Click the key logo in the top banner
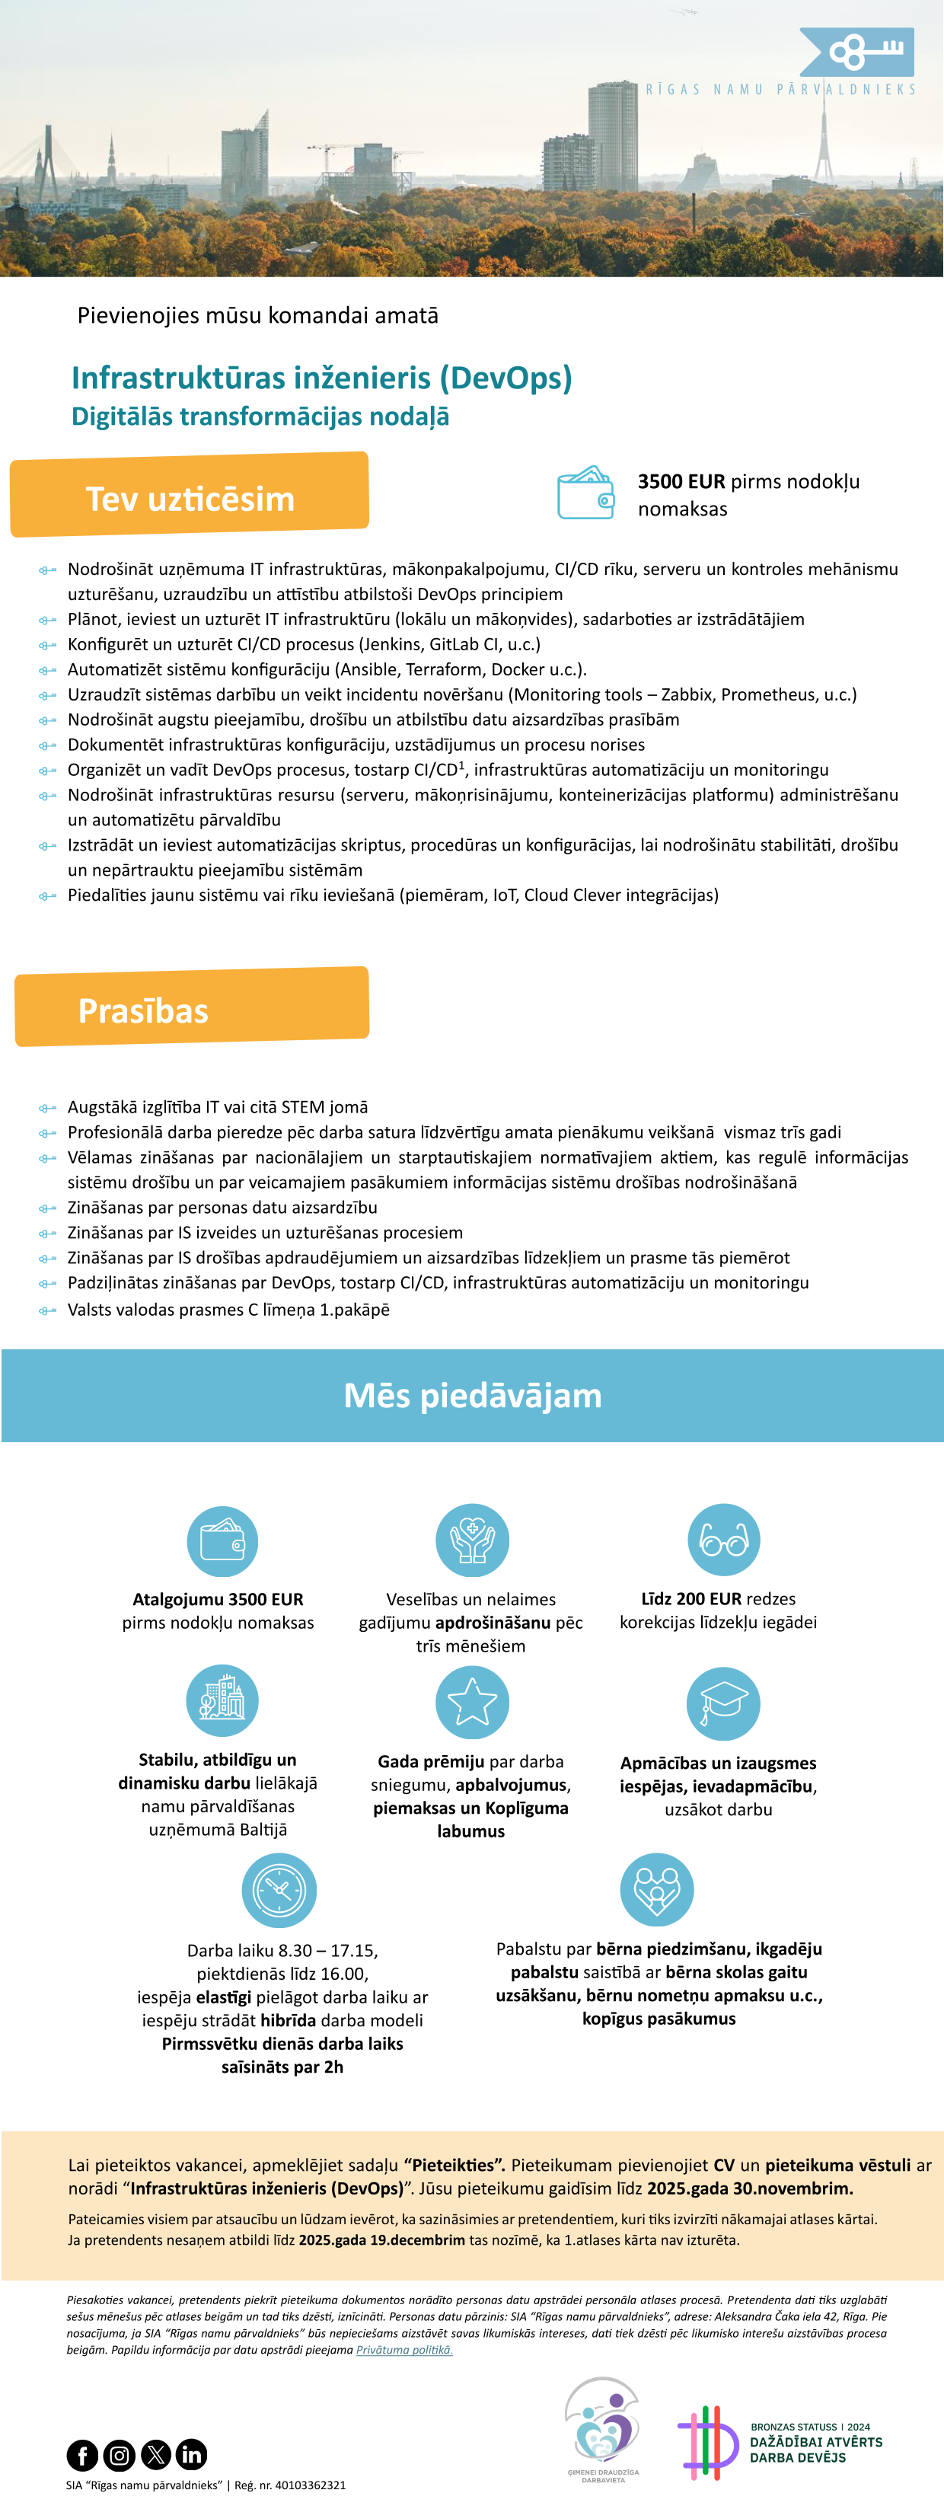click(x=857, y=52)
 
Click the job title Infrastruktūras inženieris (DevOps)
click(x=321, y=378)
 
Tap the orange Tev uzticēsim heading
click(x=190, y=499)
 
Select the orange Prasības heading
click(x=143, y=1011)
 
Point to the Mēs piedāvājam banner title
click(x=473, y=1396)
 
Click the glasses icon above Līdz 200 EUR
click(x=724, y=1540)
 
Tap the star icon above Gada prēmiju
click(x=473, y=1702)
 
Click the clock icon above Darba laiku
click(x=279, y=1889)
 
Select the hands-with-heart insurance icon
click(x=473, y=1540)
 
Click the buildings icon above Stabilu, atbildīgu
click(x=222, y=1700)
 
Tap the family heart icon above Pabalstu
click(x=656, y=1888)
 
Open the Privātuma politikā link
click(x=404, y=2349)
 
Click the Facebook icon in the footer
click(x=83, y=2454)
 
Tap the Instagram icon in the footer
click(x=119, y=2454)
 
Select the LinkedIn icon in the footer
click(x=191, y=2454)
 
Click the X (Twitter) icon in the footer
click(x=156, y=2454)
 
